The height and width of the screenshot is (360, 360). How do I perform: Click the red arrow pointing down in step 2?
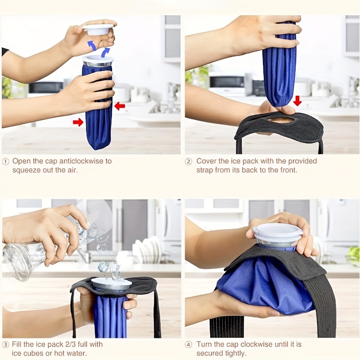click(x=297, y=100)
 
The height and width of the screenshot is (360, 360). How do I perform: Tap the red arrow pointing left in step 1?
click(x=120, y=106)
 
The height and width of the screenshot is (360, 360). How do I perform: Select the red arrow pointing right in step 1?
click(x=78, y=122)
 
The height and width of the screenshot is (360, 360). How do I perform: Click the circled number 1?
click(x=5, y=162)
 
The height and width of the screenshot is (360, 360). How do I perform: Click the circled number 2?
click(x=188, y=162)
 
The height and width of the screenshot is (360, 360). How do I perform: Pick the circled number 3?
click(x=5, y=345)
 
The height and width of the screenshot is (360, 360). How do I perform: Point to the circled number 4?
click(x=188, y=345)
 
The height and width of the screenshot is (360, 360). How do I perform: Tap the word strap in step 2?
click(x=205, y=171)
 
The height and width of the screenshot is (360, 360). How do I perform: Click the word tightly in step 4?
click(x=234, y=354)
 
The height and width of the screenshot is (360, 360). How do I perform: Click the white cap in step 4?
click(x=278, y=232)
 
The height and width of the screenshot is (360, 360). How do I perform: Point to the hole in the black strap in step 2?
click(x=280, y=119)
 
